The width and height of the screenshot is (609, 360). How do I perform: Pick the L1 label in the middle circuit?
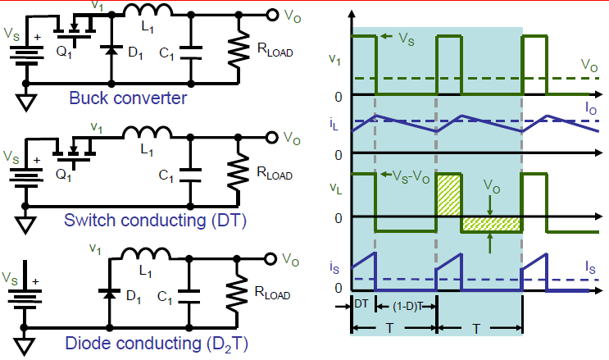coord(149,151)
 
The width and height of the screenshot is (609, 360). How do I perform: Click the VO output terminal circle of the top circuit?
coord(273,15)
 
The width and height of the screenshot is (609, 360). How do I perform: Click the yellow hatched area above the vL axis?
coord(448,195)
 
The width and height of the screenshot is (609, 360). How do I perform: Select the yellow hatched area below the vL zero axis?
coord(491,224)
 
